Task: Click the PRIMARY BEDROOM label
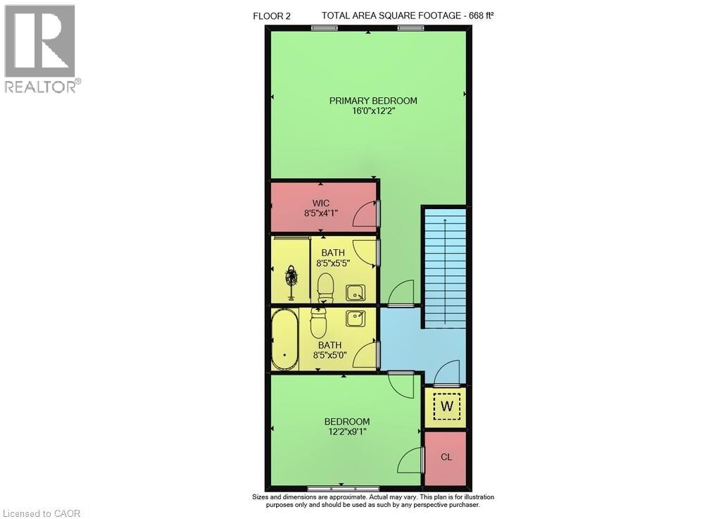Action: [x=373, y=101]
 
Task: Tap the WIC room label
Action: [x=320, y=204]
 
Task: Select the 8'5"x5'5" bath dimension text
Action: [x=333, y=263]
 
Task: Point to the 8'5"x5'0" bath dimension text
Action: [x=330, y=356]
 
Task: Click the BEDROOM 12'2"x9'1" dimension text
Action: [x=347, y=432]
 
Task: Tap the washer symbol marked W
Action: [x=447, y=406]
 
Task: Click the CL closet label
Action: [x=446, y=457]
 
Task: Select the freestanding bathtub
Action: [x=284, y=339]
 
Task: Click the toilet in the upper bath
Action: [x=325, y=287]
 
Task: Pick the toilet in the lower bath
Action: [x=318, y=323]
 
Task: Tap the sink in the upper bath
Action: [x=355, y=293]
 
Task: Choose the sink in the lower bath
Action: [x=355, y=318]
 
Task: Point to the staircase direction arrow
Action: [x=445, y=271]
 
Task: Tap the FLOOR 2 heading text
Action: [x=272, y=17]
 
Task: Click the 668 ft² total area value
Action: [x=481, y=15]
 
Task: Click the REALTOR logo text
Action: [x=41, y=86]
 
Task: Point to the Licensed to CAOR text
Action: [x=42, y=513]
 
